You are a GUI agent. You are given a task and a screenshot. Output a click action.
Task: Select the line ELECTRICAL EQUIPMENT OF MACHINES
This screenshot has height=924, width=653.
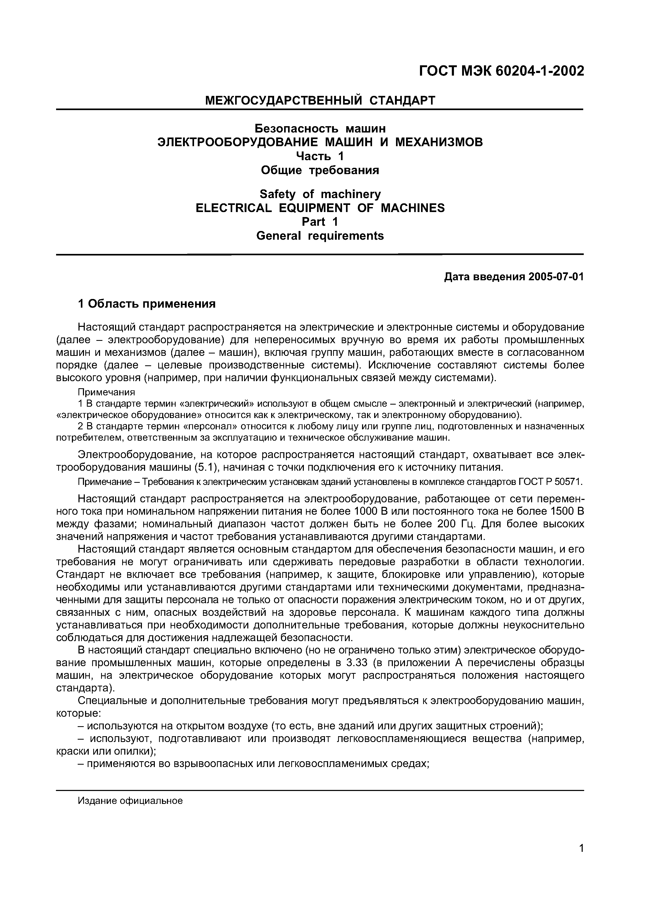tap(320, 208)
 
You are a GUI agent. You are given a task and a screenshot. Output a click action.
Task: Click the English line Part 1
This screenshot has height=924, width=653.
tap(320, 222)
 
